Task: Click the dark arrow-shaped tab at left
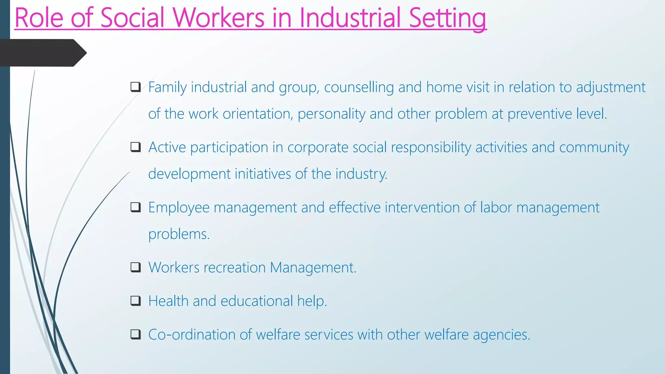[42, 53]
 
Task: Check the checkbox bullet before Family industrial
[135, 87]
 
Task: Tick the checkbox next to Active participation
[135, 147]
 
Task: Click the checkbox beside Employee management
[135, 207]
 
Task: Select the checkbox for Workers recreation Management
[135, 267]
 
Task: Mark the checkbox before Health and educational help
[135, 301]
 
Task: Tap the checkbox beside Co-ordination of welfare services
[135, 334]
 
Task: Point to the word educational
[257, 301]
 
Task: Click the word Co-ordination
[192, 335]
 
